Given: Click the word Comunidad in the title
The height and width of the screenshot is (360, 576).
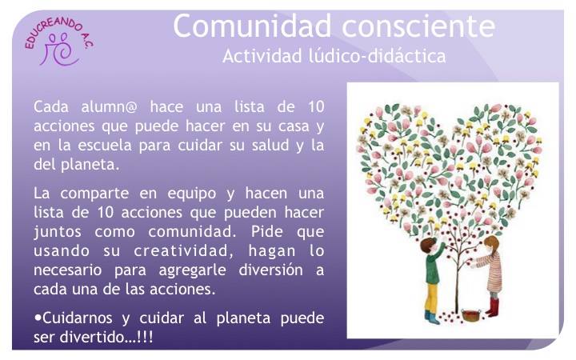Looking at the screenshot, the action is (252, 26).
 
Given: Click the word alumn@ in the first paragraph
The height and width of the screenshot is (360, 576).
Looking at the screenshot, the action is (109, 107).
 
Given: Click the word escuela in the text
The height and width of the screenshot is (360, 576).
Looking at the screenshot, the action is (105, 145).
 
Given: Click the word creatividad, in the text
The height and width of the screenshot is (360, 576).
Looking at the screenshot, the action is (184, 251).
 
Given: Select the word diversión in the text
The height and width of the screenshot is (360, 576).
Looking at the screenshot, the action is (271, 270).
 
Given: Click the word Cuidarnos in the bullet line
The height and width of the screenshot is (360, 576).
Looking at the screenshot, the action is (78, 318).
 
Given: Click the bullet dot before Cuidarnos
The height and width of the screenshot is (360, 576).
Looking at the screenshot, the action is (38, 318).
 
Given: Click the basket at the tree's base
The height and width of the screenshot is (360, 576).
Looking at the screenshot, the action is (471, 315).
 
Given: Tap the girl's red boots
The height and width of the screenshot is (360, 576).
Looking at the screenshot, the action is (493, 307).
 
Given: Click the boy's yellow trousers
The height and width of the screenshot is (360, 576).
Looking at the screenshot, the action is (432, 298).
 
